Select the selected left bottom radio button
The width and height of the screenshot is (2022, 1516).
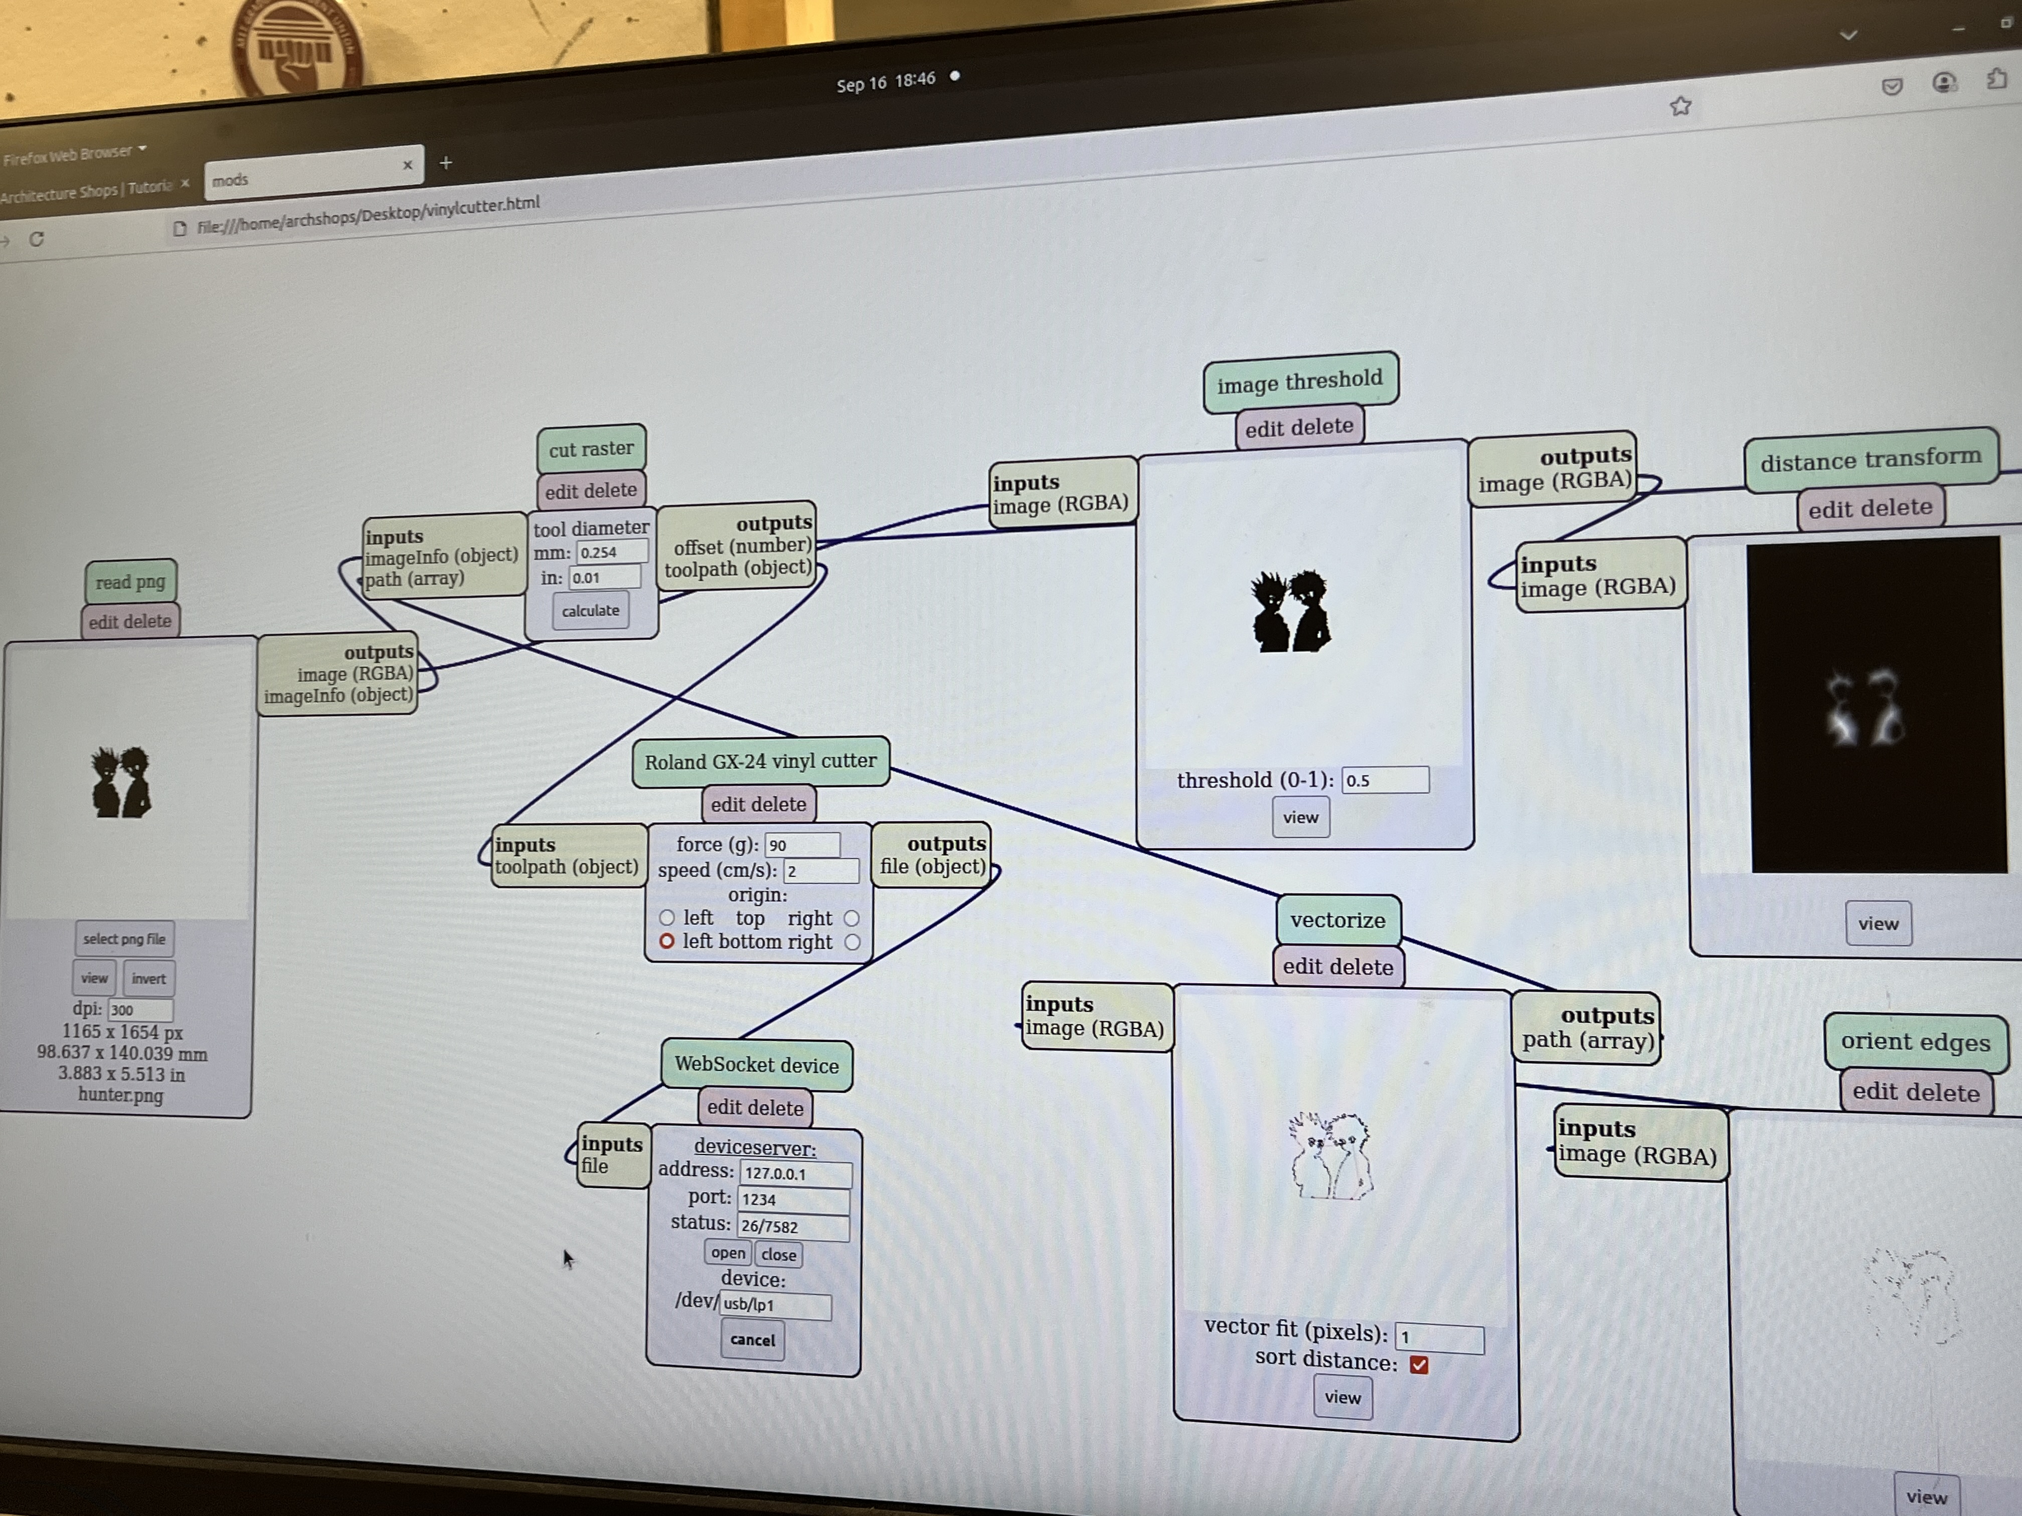click(666, 941)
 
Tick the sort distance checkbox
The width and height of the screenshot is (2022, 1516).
click(1419, 1364)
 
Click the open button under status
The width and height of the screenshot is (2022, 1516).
click(728, 1253)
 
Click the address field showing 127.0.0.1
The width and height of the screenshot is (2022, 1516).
click(795, 1173)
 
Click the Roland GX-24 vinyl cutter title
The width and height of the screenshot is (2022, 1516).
click(760, 761)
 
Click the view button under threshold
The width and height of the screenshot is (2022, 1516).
click(1300, 818)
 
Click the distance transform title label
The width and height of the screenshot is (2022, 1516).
click(1870, 459)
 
